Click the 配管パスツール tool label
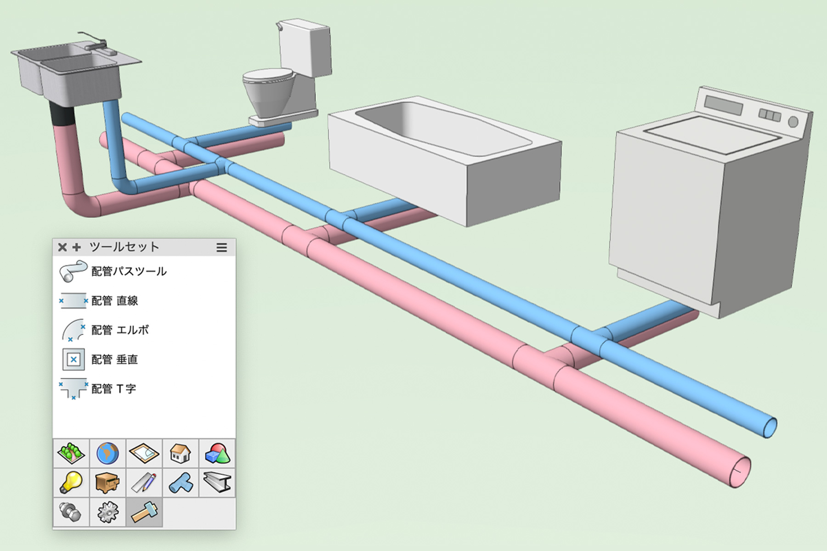click(129, 271)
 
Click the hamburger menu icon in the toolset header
click(222, 247)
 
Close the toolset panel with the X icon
click(62, 247)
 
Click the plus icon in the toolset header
click(77, 247)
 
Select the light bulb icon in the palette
click(71, 483)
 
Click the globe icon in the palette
click(108, 453)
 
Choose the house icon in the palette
click(181, 453)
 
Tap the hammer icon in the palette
click(144, 512)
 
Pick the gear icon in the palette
click(108, 512)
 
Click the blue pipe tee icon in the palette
click(181, 483)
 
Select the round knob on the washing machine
click(793, 122)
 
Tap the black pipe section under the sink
click(62, 114)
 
